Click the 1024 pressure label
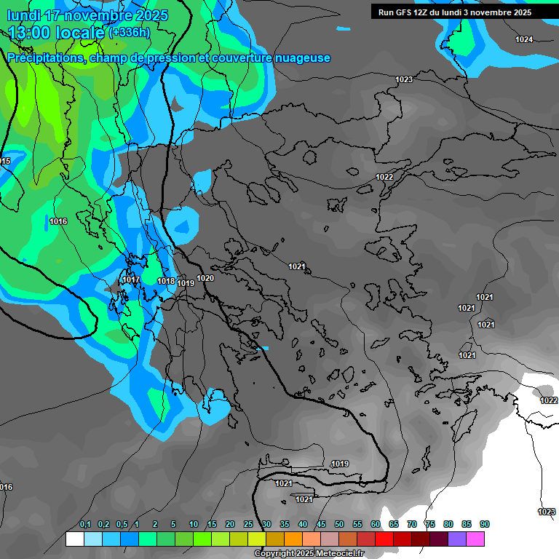524,39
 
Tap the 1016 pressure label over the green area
59,221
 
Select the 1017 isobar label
131,279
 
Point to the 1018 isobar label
166,281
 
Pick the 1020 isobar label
205,278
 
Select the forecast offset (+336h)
129,32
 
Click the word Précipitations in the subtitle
44,58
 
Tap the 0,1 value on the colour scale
85,524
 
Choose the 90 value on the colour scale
485,524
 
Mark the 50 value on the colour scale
339,524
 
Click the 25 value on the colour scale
248,524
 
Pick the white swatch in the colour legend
74,539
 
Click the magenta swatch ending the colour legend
475,539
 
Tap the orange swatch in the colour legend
293,539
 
